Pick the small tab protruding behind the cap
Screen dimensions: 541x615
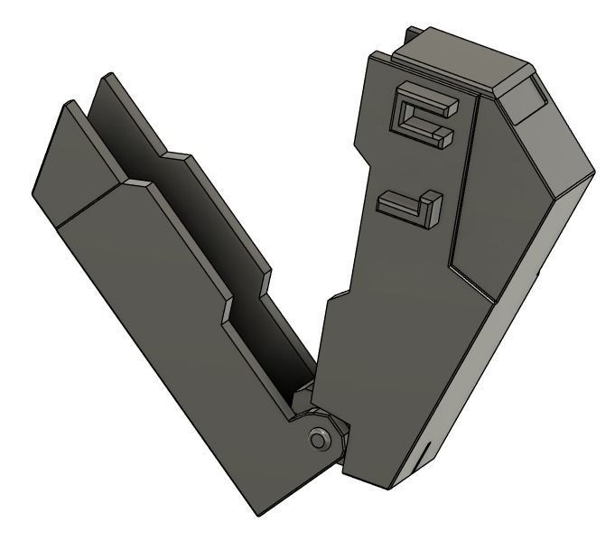point(412,35)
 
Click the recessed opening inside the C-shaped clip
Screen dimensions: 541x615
point(417,118)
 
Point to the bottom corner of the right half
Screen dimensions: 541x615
point(397,489)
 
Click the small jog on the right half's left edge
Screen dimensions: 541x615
point(335,298)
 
